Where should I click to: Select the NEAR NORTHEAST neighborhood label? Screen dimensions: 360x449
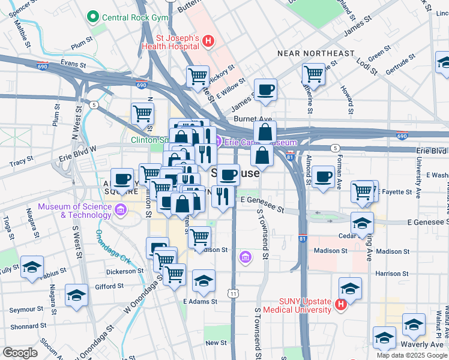(x=316, y=54)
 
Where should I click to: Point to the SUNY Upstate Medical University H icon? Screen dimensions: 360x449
(x=340, y=305)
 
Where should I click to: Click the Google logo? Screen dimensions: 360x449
(x=20, y=353)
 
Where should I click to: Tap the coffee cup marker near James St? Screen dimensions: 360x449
(x=265, y=89)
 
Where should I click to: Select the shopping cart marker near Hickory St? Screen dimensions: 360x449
(x=197, y=76)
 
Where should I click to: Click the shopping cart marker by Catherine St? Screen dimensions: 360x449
(x=313, y=74)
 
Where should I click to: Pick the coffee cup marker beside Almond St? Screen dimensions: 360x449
(x=323, y=176)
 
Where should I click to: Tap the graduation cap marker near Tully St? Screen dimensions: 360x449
(x=32, y=267)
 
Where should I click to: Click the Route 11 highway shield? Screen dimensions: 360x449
(x=232, y=293)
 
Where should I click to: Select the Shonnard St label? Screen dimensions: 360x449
(x=25, y=327)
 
